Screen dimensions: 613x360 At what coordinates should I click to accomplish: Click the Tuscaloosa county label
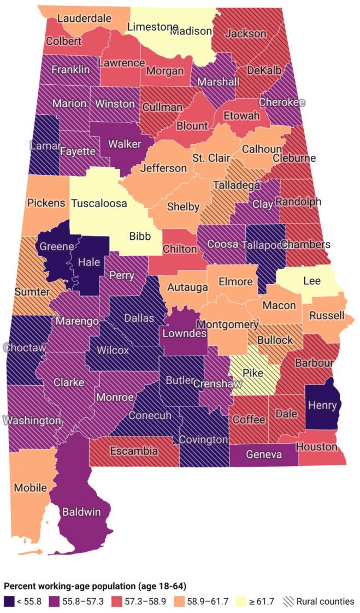tap(99, 203)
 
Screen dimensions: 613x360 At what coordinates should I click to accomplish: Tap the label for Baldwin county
tap(81, 512)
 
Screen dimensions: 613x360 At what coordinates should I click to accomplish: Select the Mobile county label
tap(31, 487)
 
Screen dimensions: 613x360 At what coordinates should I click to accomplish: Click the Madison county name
tap(190, 31)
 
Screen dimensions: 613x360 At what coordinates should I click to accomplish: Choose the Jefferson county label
tap(163, 168)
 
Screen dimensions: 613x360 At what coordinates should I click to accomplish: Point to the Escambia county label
tap(134, 451)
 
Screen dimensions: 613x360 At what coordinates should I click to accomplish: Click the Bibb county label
tap(139, 237)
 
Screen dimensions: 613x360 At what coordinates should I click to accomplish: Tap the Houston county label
tap(317, 447)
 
